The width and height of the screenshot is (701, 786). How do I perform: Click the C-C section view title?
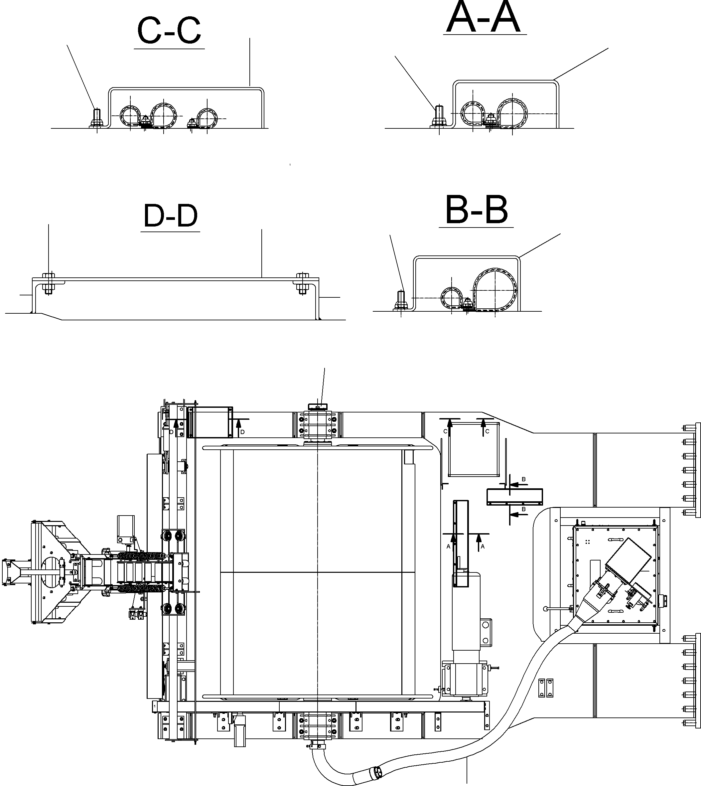point(169,32)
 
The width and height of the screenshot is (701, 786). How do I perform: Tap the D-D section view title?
point(170,216)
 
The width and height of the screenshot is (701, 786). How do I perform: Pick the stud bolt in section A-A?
point(439,115)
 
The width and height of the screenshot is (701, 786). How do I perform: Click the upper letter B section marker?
point(523,479)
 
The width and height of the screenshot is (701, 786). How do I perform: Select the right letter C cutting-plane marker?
point(487,431)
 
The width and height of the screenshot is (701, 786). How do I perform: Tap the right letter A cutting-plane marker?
point(482,547)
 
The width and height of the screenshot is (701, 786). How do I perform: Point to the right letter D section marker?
point(242,432)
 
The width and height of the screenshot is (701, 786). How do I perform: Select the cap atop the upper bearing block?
point(317,406)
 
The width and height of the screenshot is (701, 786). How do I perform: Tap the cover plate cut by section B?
point(514,497)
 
